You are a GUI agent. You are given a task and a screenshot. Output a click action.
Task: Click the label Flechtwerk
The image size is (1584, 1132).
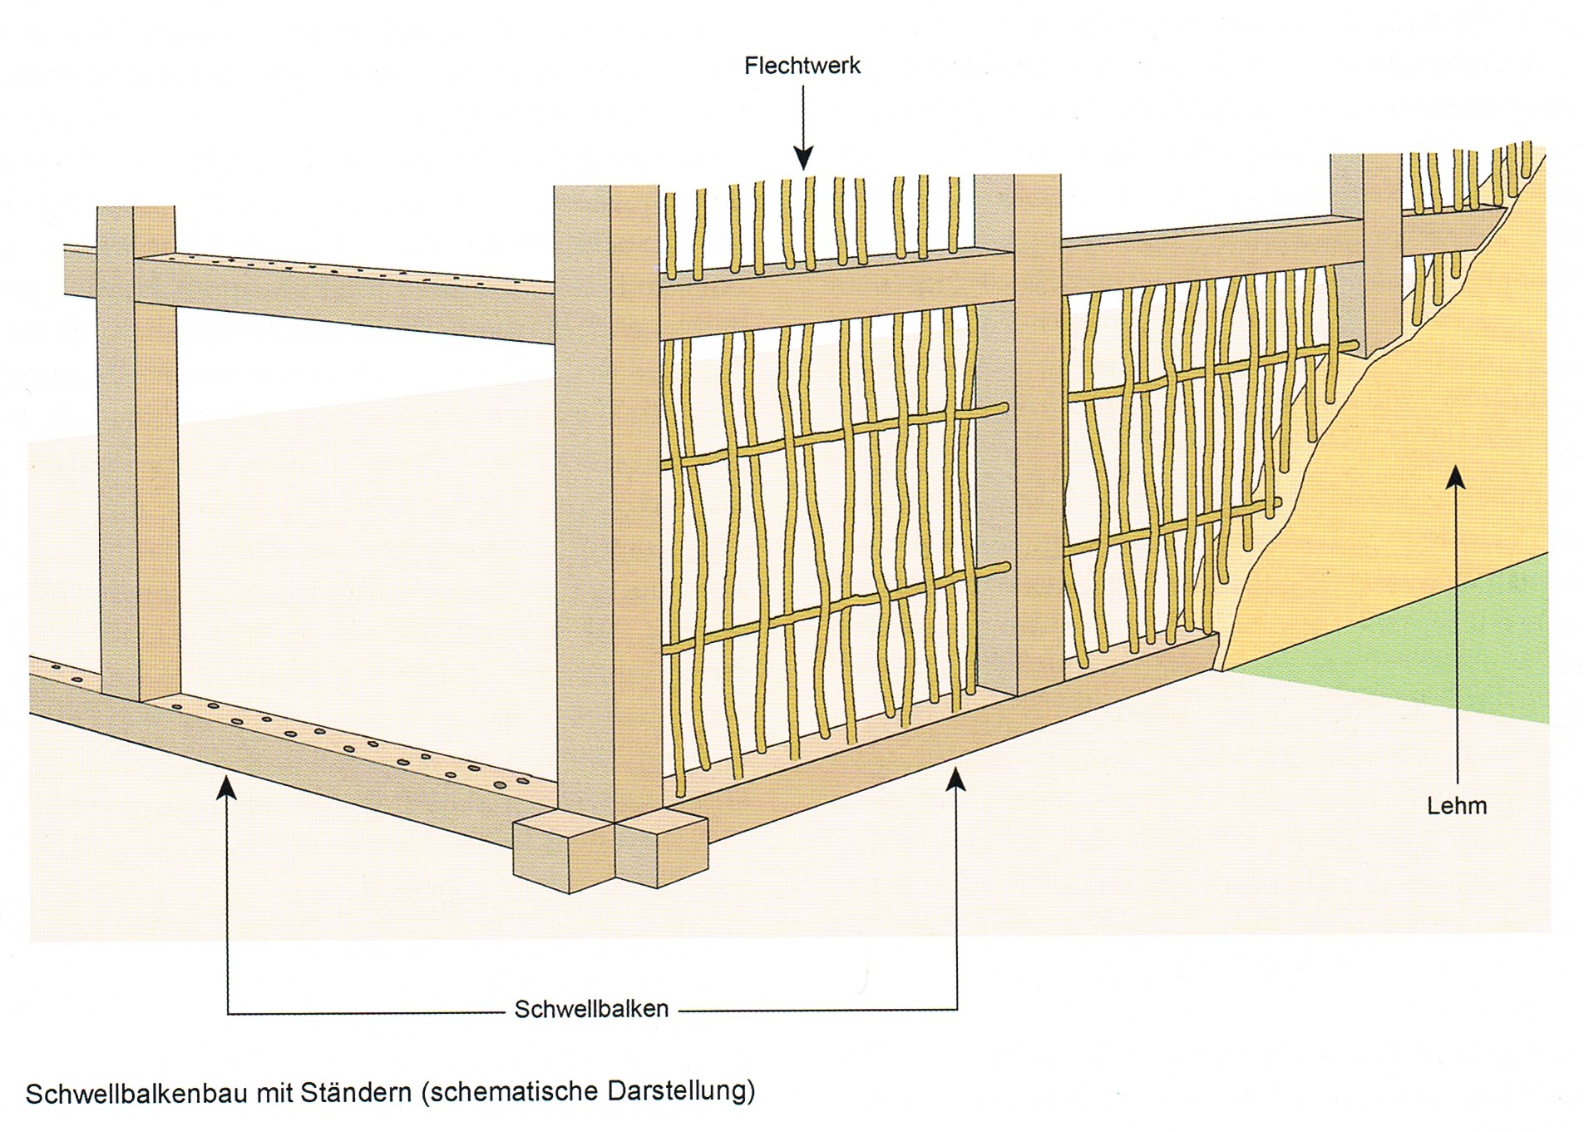[802, 67]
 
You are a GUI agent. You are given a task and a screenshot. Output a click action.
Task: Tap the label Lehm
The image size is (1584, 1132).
[1456, 805]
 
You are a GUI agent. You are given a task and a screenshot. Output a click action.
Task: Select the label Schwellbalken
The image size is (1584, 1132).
[591, 1009]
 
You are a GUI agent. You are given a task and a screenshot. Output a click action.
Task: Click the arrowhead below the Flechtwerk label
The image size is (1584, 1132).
[803, 157]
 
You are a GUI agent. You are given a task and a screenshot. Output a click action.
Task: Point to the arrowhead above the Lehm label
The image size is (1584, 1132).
[1455, 477]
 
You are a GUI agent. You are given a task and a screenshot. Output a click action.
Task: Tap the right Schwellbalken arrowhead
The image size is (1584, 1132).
[957, 780]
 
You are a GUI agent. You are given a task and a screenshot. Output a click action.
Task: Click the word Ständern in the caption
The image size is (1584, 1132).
[357, 1092]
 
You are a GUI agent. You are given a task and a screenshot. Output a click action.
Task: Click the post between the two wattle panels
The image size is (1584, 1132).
[1019, 433]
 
